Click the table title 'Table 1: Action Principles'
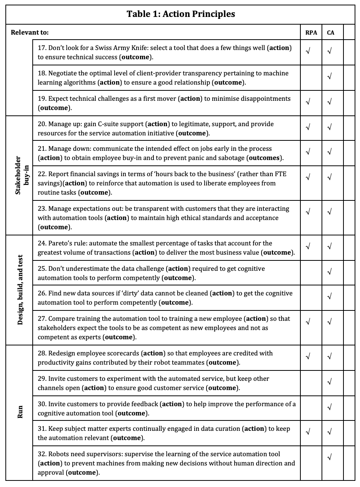point(180,15)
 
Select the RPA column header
point(311,33)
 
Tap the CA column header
point(330,33)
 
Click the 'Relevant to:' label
point(30,33)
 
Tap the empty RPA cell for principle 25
point(311,273)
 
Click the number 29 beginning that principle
point(41,379)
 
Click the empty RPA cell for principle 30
point(311,408)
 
